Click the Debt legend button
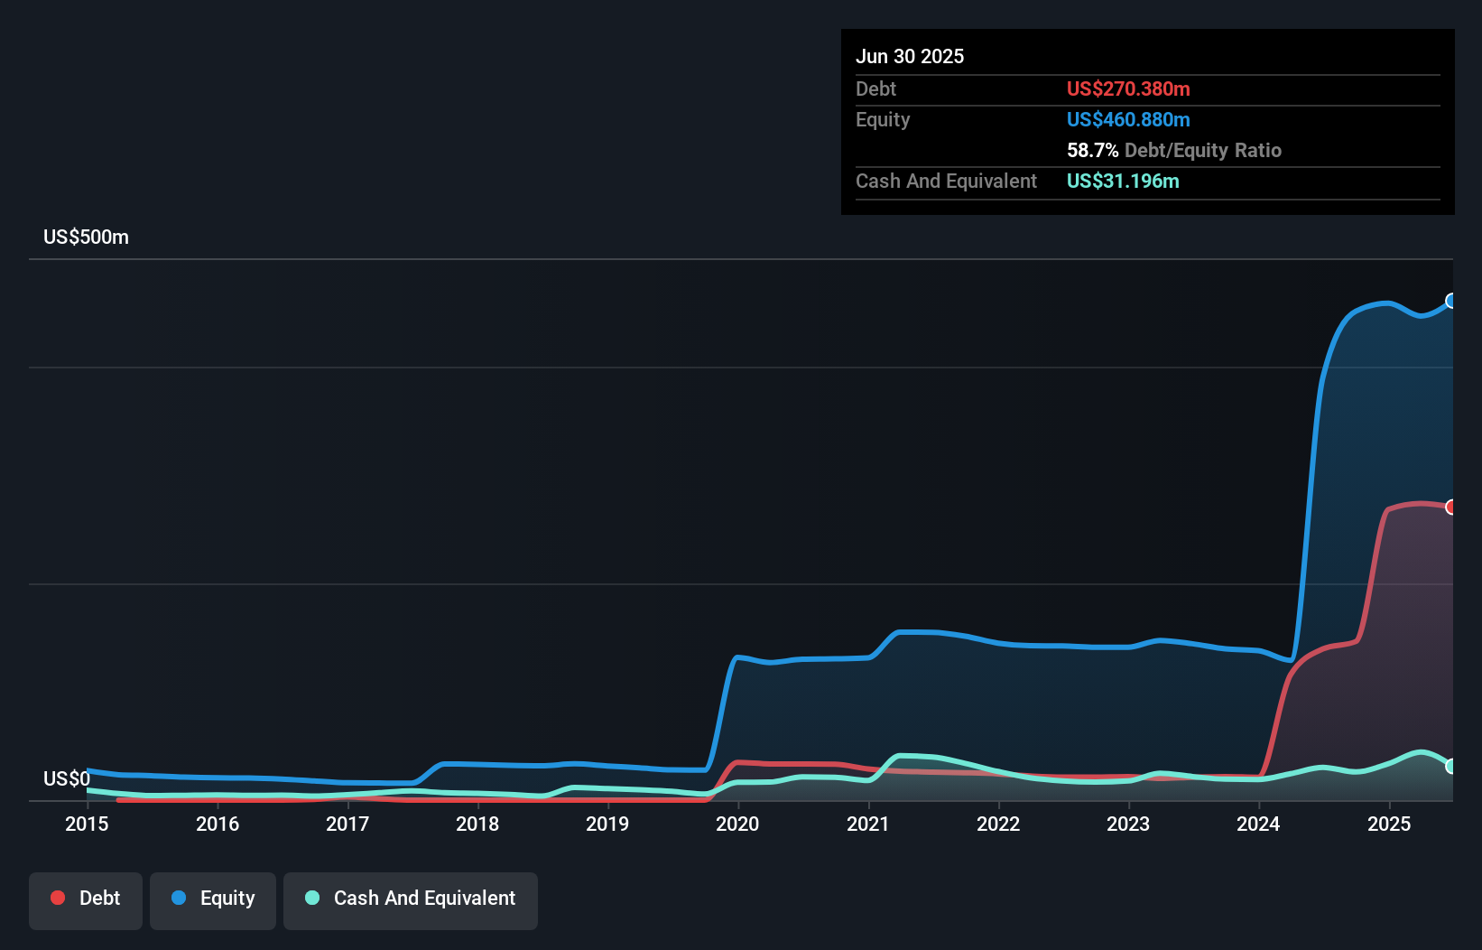pyautogui.click(x=86, y=899)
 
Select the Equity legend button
pyautogui.click(x=213, y=899)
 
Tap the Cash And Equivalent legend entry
pyautogui.click(x=411, y=899)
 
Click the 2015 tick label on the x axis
pyautogui.click(x=87, y=824)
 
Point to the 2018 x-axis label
pyautogui.click(x=477, y=824)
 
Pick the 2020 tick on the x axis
pyautogui.click(x=737, y=824)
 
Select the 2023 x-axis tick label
pyautogui.click(x=1128, y=824)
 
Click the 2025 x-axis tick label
pyautogui.click(x=1388, y=824)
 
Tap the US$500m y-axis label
pyautogui.click(x=86, y=237)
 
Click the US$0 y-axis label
pyautogui.click(x=67, y=778)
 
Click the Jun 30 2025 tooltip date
pyautogui.click(x=910, y=57)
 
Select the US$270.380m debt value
pyautogui.click(x=1128, y=89)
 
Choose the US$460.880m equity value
pyautogui.click(x=1128, y=120)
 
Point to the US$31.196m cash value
pyautogui.click(x=1123, y=182)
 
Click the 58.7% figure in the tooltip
pyautogui.click(x=1092, y=151)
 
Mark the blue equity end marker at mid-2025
pyautogui.click(x=1451, y=301)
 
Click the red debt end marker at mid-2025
pyautogui.click(x=1451, y=507)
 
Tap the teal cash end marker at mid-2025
pyautogui.click(x=1451, y=766)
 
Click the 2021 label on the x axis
pyautogui.click(x=868, y=824)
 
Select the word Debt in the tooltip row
pyautogui.click(x=875, y=89)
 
